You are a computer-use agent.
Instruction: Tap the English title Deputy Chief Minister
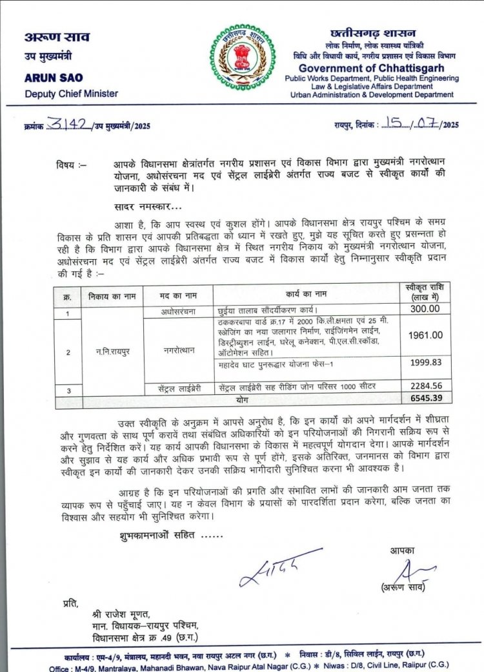[71, 94]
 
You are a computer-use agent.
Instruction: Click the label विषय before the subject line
[70, 166]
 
